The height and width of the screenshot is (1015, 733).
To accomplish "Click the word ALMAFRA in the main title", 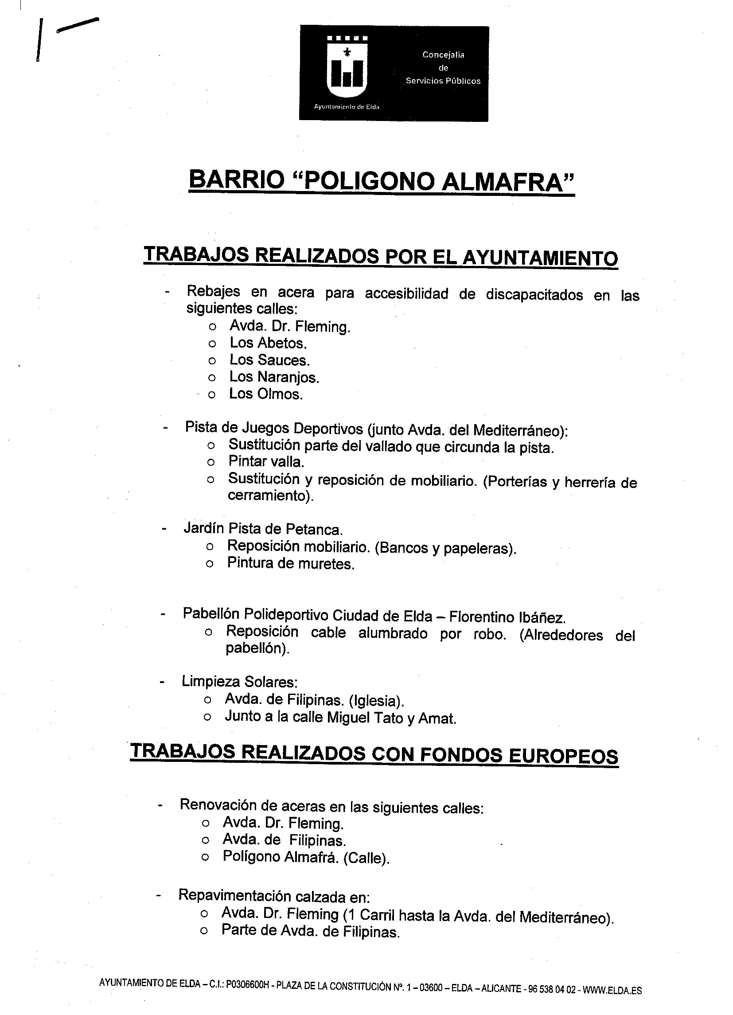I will [x=507, y=181].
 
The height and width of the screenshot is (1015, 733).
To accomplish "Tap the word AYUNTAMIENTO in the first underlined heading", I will [x=540, y=258].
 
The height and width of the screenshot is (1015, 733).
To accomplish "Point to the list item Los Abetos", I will [x=268, y=343].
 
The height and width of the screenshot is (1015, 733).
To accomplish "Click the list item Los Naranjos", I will [x=274, y=377].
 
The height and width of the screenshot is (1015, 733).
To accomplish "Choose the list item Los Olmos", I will [x=266, y=394].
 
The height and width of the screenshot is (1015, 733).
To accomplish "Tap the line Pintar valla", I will [x=266, y=461].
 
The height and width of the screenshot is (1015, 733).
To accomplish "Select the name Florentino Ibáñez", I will [x=507, y=617].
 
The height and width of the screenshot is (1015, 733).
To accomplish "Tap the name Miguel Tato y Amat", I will [x=392, y=718].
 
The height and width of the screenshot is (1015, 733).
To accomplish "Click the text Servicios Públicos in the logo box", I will [x=443, y=81].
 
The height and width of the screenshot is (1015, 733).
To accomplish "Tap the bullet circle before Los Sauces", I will [x=212, y=361].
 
